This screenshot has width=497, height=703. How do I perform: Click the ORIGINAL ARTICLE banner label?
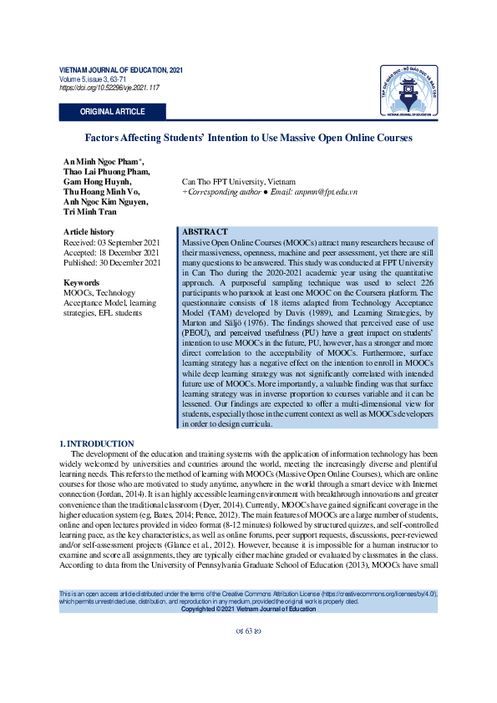[x=112, y=112]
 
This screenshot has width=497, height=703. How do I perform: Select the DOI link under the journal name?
[x=109, y=88]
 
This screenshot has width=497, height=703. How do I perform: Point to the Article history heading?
[x=89, y=231]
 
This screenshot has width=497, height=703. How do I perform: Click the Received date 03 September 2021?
[x=111, y=242]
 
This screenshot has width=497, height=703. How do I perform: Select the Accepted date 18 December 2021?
[x=111, y=252]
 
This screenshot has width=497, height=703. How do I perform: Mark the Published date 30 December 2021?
[x=113, y=263]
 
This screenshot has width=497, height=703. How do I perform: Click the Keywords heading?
[x=82, y=283]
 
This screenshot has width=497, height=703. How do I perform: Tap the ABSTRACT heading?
[x=205, y=230]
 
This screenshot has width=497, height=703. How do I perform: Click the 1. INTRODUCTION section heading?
[x=97, y=443]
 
